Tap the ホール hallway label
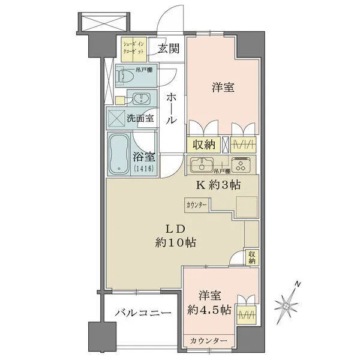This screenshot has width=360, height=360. coord(170,108)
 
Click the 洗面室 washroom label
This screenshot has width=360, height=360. coord(140,118)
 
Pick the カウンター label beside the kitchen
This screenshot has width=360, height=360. coord(197,205)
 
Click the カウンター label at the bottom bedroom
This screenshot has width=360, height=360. coord(209,341)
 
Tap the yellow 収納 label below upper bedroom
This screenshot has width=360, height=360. coord(201,145)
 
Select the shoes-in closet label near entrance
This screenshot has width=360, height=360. coord(133,49)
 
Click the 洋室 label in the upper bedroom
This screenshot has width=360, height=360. coord(223,88)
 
